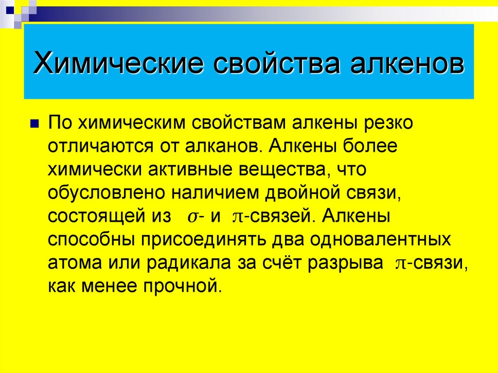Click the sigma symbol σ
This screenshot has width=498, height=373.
pyautogui.click(x=192, y=217)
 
